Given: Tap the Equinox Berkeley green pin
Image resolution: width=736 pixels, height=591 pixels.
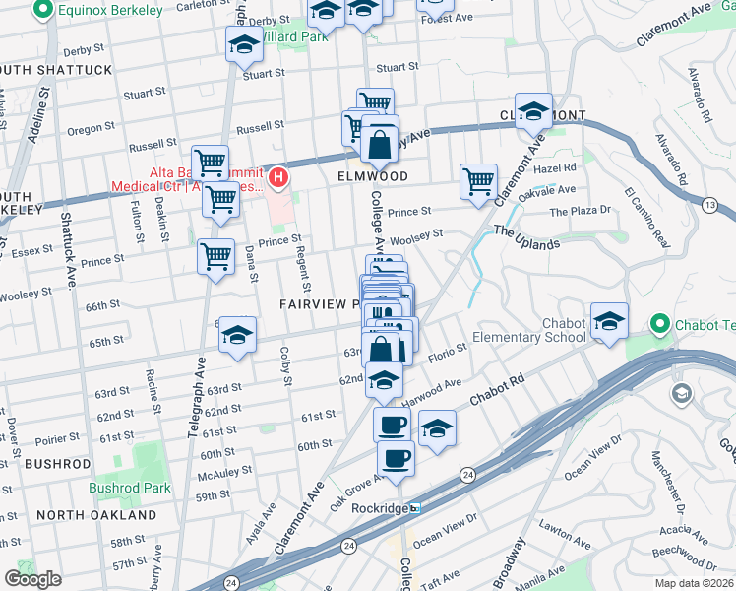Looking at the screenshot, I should tap(43, 11).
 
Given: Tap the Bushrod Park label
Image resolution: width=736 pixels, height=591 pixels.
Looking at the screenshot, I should tap(129, 488).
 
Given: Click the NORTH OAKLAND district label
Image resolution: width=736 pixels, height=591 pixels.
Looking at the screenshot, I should tap(95, 515).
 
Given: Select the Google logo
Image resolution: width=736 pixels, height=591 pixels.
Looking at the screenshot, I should tap(32, 578).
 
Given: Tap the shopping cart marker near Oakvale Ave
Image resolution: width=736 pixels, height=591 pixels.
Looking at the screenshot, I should tap(478, 181).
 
